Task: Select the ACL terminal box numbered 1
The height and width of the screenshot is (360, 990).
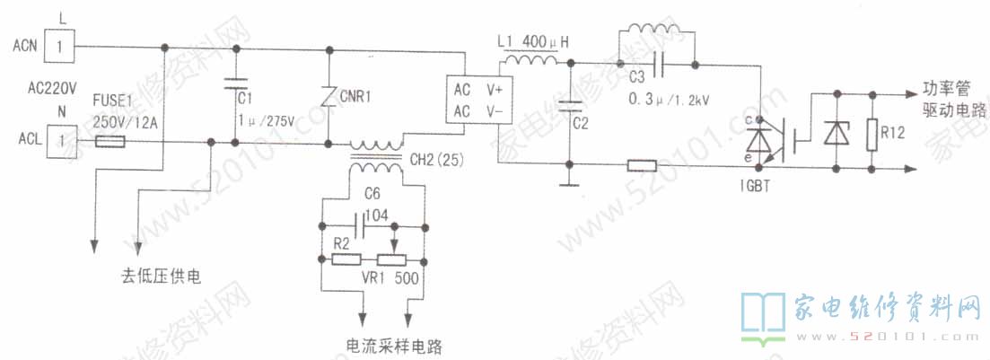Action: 61,141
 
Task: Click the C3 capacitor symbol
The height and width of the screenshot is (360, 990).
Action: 660,64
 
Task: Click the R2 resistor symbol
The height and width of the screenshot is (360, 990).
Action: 346,259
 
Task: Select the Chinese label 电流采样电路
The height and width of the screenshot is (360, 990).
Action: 395,345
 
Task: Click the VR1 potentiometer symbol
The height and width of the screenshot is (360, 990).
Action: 393,259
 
